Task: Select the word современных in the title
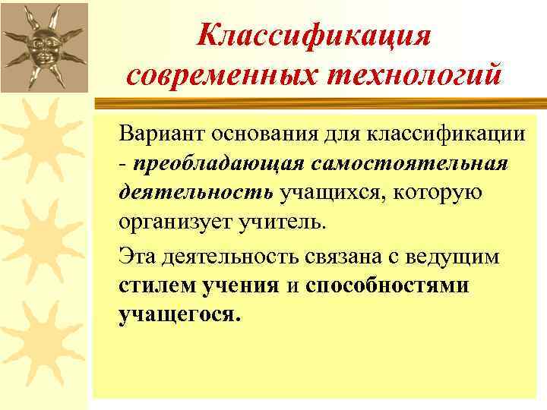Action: click(211, 75)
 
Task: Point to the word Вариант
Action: click(157, 134)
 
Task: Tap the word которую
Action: click(436, 194)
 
